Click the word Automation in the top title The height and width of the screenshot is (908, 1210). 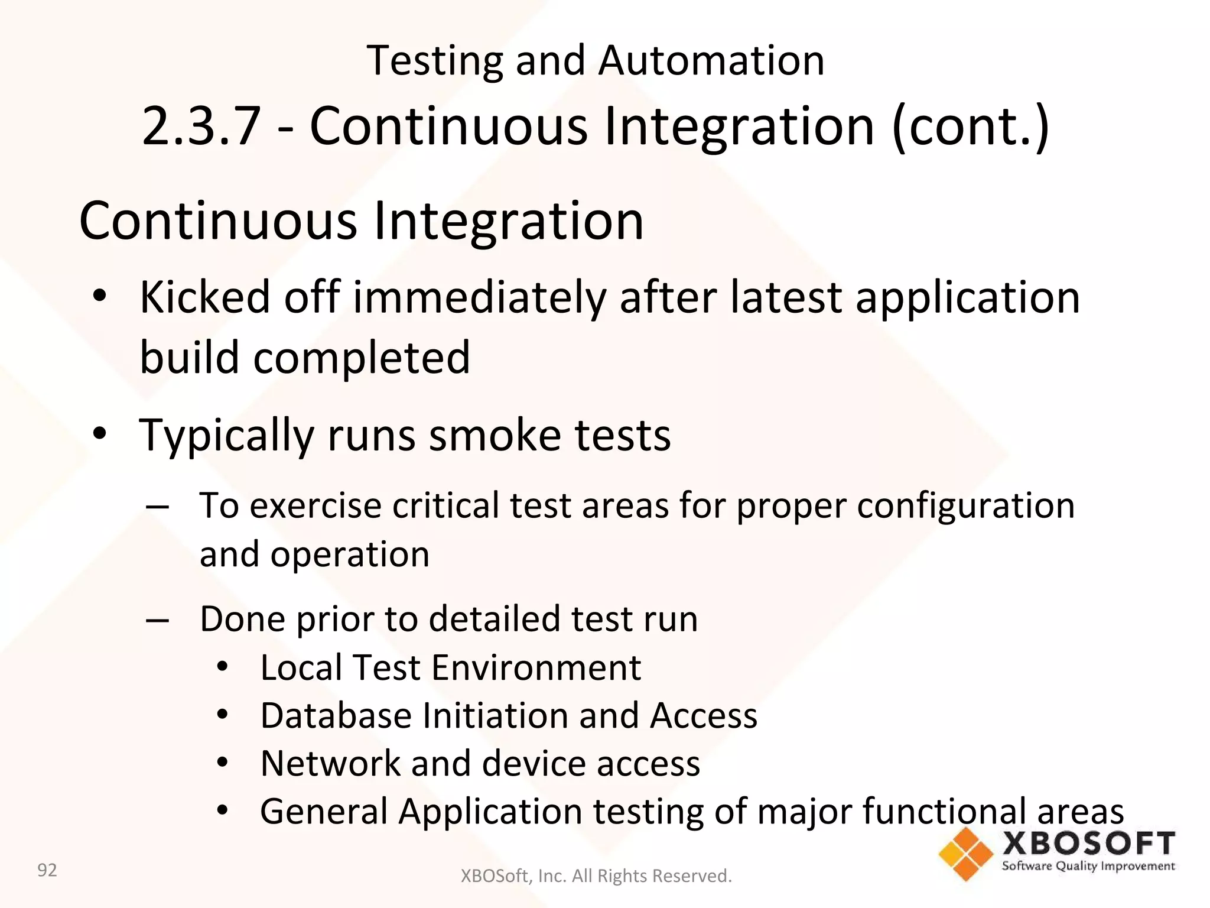point(711,61)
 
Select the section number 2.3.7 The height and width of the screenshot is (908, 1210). point(201,126)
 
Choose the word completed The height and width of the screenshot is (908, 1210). point(362,358)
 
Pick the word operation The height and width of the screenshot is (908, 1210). point(350,554)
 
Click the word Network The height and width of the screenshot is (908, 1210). point(330,763)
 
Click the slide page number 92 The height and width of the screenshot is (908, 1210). point(47,870)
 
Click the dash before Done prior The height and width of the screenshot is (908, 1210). point(157,620)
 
